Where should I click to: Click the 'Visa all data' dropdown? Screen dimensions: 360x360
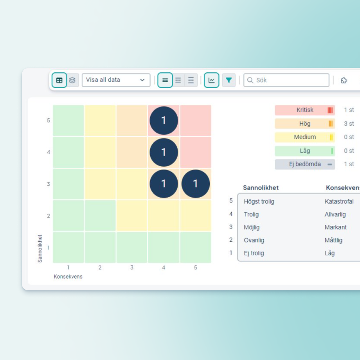116,80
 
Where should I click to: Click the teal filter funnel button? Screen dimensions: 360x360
229,80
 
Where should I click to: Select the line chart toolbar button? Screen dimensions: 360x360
211,80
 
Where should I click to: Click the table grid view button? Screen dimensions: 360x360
59,80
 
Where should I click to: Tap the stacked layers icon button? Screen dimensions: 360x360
72,80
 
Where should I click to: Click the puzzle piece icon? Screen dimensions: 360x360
344,80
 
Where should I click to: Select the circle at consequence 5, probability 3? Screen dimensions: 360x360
196,184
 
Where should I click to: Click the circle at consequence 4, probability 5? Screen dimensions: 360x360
164,121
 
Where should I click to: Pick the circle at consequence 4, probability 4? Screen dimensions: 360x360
164,152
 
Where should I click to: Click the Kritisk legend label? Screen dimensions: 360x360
305,110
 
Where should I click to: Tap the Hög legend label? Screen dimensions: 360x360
305,124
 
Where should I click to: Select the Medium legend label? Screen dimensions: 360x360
305,137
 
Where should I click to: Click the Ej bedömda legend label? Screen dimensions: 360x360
305,164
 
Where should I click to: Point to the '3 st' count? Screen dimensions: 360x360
349,124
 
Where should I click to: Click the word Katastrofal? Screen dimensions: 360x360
339,202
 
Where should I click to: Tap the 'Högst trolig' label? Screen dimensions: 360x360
259,202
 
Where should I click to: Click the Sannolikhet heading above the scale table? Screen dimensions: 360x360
261,188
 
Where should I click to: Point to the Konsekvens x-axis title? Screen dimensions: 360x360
68,276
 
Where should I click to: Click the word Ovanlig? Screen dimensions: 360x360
254,240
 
